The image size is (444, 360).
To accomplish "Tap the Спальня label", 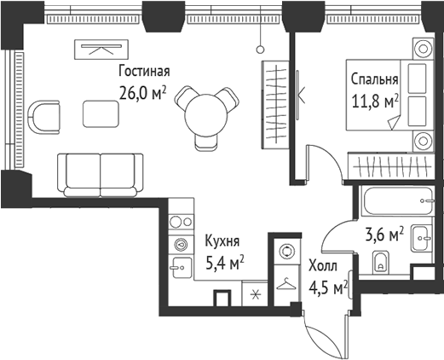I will pos(375,80).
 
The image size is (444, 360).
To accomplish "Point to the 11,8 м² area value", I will pos(375,102).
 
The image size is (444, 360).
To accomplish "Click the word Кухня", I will pos(222,242).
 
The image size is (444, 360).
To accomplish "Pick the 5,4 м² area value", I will pos(222,263).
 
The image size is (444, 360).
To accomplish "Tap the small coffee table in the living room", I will pos(101,112).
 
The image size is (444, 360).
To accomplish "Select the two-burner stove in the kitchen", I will pos(181,221).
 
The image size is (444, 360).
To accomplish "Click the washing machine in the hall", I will pos(286,253).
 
